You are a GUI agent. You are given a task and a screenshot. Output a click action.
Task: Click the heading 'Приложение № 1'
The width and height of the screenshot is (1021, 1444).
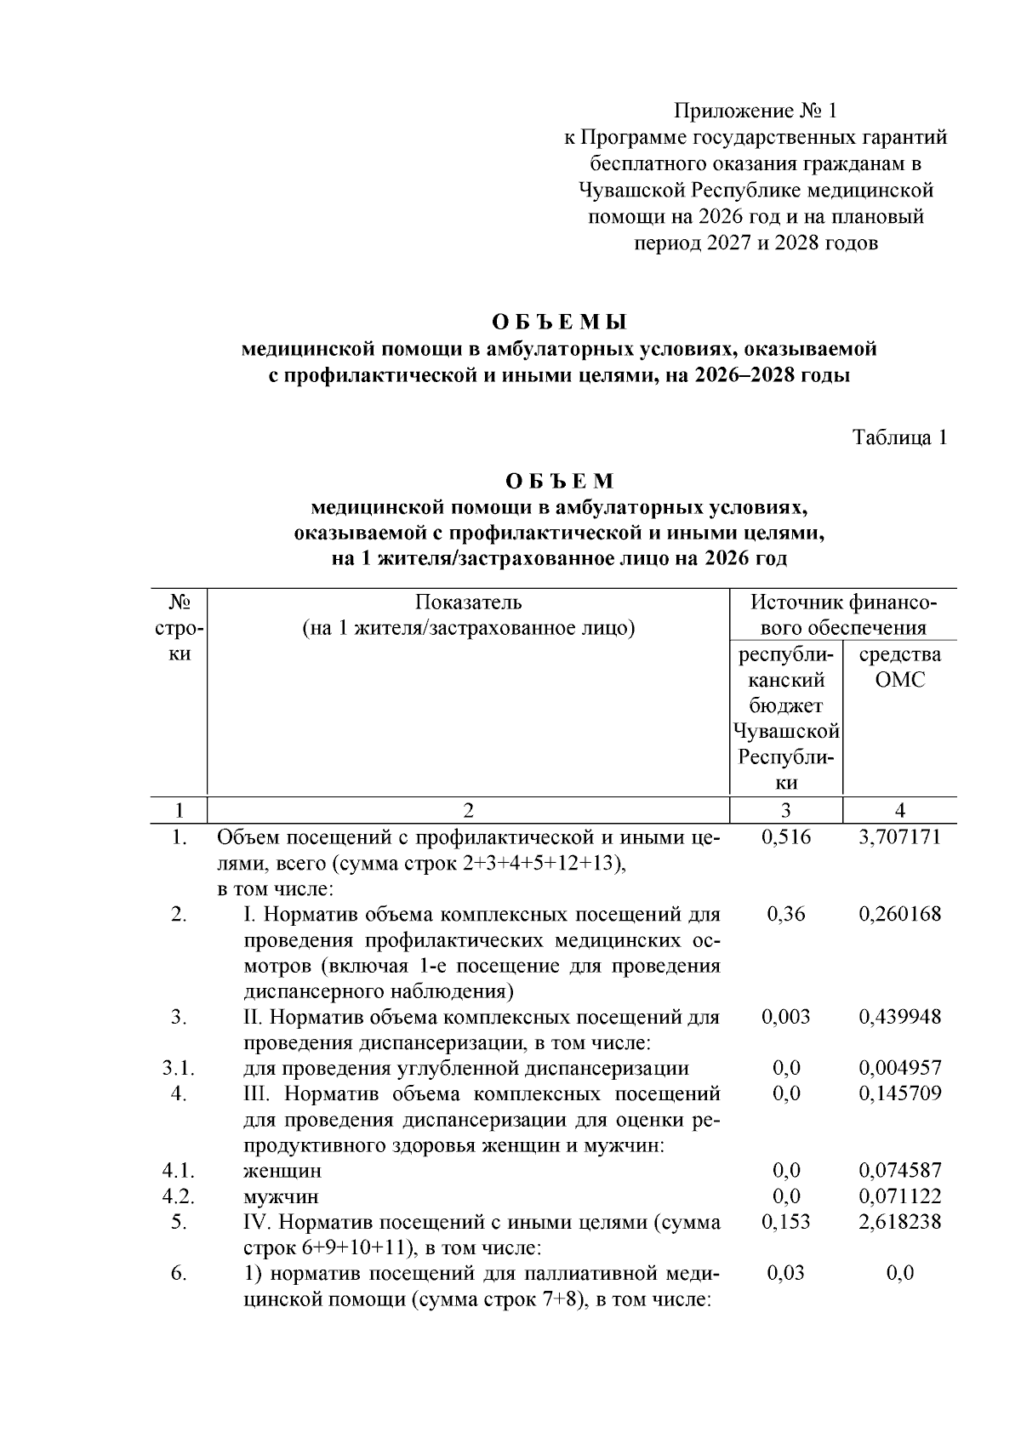(756, 111)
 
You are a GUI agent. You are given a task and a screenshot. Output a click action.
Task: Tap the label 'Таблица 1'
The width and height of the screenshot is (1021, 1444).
(899, 438)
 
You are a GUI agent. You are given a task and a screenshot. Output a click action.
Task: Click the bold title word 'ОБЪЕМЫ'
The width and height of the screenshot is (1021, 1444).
(559, 322)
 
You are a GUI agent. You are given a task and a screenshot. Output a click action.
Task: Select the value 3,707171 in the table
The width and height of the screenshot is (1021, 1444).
(899, 837)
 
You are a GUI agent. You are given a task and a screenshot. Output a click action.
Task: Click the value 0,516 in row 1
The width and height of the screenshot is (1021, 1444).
(786, 837)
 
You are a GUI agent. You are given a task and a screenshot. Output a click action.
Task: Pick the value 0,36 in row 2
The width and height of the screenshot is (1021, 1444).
(786, 915)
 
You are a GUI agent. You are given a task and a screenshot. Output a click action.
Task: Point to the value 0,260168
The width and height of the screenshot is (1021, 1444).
(899, 915)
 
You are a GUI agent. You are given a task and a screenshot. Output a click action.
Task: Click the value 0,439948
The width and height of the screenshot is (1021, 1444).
(899, 1017)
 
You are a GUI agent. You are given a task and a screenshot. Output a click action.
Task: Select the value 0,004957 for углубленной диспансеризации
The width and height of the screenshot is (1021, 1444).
(899, 1068)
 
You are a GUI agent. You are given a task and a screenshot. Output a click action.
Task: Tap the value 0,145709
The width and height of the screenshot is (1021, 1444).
(899, 1093)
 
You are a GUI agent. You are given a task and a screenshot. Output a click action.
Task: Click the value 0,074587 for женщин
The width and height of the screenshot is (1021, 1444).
(899, 1171)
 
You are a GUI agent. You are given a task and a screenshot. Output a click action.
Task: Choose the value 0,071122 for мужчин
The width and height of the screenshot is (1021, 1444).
(899, 1196)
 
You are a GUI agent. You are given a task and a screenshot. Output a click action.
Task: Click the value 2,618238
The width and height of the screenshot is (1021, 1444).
(899, 1222)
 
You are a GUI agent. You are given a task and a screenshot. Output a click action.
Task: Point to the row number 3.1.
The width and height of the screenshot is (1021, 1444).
(179, 1068)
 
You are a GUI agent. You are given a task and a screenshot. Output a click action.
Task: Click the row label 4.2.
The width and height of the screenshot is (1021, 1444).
(179, 1196)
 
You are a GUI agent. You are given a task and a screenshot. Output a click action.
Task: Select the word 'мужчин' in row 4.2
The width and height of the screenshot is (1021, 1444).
(281, 1197)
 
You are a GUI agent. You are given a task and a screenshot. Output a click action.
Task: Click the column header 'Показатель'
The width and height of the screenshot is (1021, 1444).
(468, 603)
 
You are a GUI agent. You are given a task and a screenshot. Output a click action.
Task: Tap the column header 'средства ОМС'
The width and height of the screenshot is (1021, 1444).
(899, 667)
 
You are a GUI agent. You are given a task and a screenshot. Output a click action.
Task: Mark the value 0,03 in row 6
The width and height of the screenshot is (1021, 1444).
(786, 1274)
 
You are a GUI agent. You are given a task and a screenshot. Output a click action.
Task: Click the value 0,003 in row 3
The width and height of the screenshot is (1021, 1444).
(786, 1017)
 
